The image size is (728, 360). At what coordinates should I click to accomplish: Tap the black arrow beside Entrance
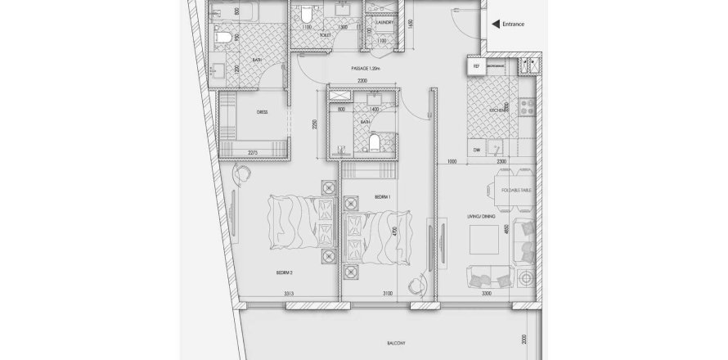tap(493, 24)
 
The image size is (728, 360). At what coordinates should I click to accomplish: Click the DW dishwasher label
tap(476, 149)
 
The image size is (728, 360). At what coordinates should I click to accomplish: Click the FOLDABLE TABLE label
tap(520, 190)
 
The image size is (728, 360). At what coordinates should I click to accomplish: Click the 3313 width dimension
tap(289, 293)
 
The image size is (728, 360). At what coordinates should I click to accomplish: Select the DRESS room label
tap(263, 112)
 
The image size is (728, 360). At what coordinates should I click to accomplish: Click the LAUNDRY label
tap(385, 22)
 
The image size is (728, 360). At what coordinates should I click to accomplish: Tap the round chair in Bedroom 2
tap(243, 173)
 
